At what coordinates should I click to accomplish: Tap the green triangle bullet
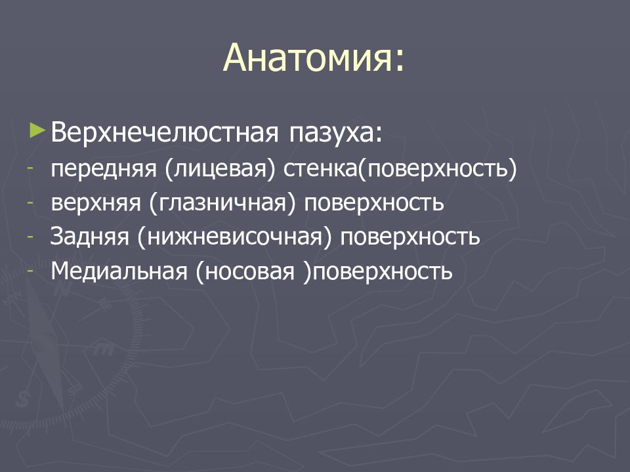point(37,131)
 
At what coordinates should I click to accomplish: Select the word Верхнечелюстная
point(164,132)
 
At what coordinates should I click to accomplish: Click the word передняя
point(103,169)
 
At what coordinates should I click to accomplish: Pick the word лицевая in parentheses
point(220,169)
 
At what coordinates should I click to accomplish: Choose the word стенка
point(320,168)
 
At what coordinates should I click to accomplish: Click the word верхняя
point(96,203)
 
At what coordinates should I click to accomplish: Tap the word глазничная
point(222,203)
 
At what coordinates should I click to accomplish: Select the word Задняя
point(89,237)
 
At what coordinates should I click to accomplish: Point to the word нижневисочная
point(234,237)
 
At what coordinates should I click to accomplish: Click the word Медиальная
point(119,271)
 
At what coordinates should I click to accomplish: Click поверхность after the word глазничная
point(373,203)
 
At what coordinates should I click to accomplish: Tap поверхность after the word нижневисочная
point(409,237)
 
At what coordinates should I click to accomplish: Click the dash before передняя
point(30,168)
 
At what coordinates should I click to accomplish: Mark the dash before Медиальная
point(30,271)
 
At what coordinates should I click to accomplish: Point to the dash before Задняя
point(30,237)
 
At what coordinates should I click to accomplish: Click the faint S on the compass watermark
point(23,399)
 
